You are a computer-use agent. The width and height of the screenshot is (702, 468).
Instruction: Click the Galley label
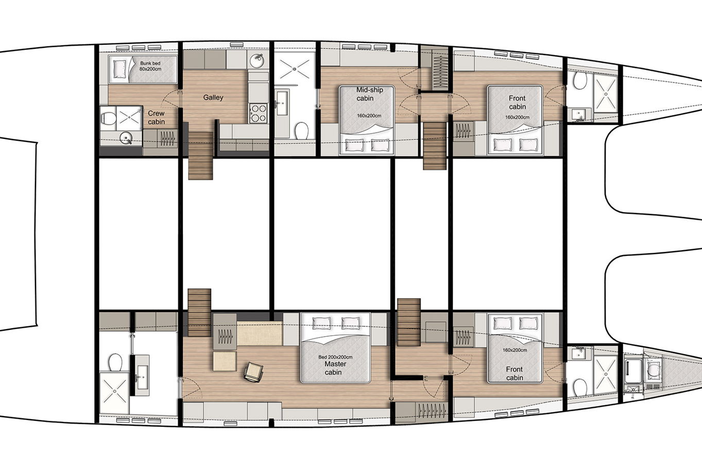213,97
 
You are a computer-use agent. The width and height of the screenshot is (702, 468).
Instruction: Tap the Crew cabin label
156,117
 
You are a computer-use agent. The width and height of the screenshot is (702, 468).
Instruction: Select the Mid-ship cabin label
369,94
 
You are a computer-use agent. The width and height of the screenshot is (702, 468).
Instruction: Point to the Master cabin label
335,368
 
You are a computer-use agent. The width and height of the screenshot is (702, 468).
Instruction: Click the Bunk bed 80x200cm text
150,66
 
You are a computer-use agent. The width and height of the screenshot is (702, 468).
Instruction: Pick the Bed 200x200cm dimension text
335,357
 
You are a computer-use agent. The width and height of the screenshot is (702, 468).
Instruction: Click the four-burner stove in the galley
259,113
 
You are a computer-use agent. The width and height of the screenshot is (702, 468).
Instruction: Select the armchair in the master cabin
253,372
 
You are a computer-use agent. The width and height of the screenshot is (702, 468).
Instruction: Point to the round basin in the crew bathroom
127,138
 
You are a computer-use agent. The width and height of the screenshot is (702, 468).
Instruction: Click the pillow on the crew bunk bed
119,69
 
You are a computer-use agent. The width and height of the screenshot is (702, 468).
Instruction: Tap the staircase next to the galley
200,155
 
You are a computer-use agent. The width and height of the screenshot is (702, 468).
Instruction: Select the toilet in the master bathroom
115,362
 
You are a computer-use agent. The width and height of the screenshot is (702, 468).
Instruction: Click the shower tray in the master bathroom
114,392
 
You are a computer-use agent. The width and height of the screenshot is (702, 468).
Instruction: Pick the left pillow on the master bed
321,323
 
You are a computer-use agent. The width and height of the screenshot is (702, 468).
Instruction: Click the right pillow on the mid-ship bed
380,145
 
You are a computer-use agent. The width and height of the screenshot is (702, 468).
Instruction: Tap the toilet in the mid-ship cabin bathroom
301,131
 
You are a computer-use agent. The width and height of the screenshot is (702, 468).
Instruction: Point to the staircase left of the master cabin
199,313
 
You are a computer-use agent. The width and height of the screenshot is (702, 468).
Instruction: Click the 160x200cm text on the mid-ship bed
369,116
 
